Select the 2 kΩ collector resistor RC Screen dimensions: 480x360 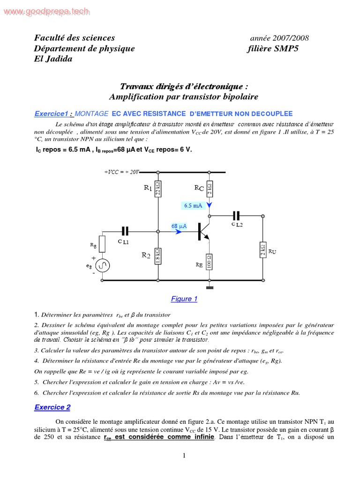click(x=210, y=189)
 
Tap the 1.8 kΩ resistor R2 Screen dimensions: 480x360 click(x=158, y=256)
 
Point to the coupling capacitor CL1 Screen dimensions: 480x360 click(x=125, y=231)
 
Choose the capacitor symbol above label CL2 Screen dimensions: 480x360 click(x=236, y=216)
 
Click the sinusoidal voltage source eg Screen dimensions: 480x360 click(x=103, y=266)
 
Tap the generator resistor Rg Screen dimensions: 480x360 click(x=103, y=244)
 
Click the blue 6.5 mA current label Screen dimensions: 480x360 click(x=193, y=205)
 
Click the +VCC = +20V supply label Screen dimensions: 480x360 click(x=121, y=172)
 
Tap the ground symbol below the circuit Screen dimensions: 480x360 click(x=210, y=287)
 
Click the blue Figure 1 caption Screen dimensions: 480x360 click(x=184, y=299)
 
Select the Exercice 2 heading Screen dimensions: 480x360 click(x=52, y=407)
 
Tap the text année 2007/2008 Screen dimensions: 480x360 click(x=279, y=38)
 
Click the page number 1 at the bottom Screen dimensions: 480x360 click(x=184, y=455)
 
